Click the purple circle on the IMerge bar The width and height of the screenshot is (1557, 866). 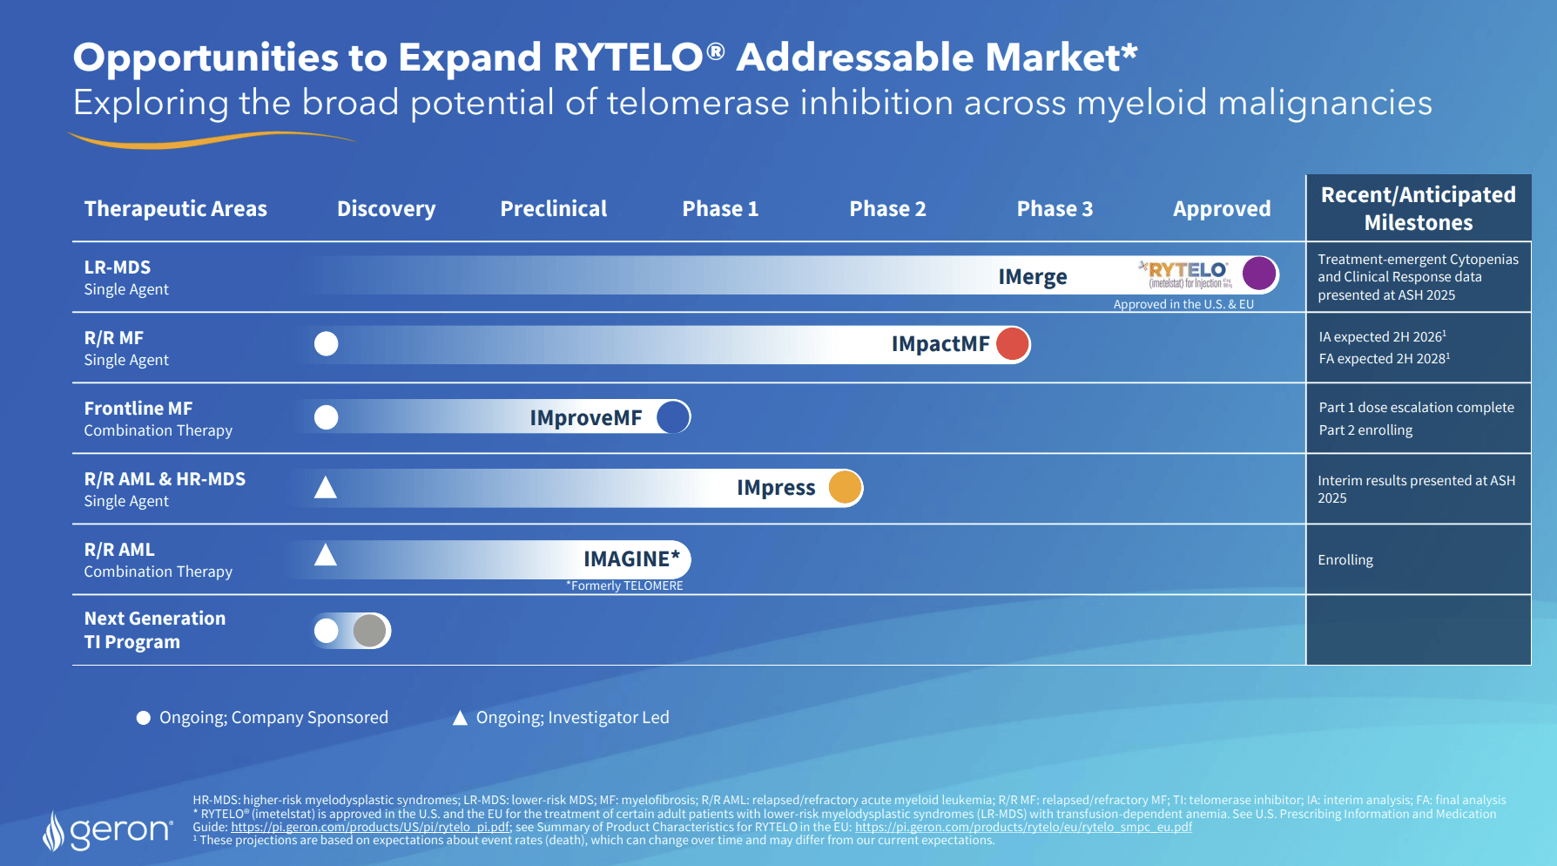point(1258,273)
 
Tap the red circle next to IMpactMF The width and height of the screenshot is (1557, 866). point(1012,343)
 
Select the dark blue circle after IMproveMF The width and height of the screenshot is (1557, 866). point(673,416)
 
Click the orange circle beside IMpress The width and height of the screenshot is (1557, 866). point(845,487)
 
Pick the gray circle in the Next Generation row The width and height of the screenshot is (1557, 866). point(370,630)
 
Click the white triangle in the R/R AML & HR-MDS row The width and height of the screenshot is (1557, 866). point(325,487)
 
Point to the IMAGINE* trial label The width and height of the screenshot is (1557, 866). point(630,558)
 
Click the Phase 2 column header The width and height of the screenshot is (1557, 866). point(887,209)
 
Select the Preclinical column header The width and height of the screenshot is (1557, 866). point(553,209)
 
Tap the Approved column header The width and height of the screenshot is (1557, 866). point(1221,209)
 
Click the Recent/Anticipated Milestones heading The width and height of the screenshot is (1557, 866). point(1418,208)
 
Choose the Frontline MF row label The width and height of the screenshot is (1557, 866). point(138,409)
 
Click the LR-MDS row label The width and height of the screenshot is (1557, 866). point(118,267)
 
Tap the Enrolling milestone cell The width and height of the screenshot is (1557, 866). point(1345,560)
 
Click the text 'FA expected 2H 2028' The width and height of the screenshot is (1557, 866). point(1383,359)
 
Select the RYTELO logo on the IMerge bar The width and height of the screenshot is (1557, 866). point(1186,274)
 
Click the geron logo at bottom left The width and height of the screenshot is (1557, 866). point(109,831)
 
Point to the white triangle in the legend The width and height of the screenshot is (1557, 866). point(460,718)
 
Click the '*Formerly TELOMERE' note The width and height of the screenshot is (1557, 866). point(624,585)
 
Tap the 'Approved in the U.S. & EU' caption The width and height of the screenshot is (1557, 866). point(1183,304)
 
